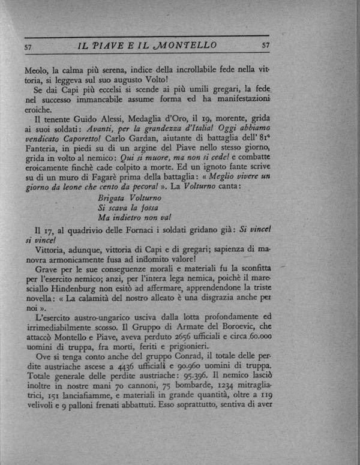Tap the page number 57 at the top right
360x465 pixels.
(266, 45)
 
